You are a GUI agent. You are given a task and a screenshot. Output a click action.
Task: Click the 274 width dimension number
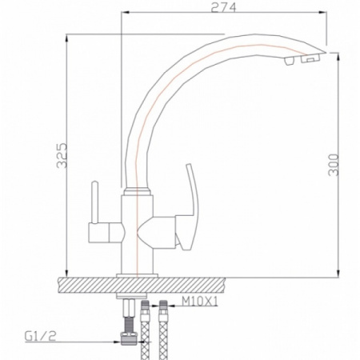(223, 7)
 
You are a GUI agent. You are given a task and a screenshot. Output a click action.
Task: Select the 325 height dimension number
(62, 155)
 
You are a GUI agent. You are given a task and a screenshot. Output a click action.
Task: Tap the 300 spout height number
(334, 165)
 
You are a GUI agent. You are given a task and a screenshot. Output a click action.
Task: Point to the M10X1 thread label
(200, 302)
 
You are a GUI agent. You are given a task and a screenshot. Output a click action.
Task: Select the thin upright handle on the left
(94, 202)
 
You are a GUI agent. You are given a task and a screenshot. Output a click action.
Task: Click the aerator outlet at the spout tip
(310, 58)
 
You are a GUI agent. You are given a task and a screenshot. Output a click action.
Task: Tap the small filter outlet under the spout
(289, 61)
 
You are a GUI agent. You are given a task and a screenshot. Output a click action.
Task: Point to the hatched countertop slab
(142, 285)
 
